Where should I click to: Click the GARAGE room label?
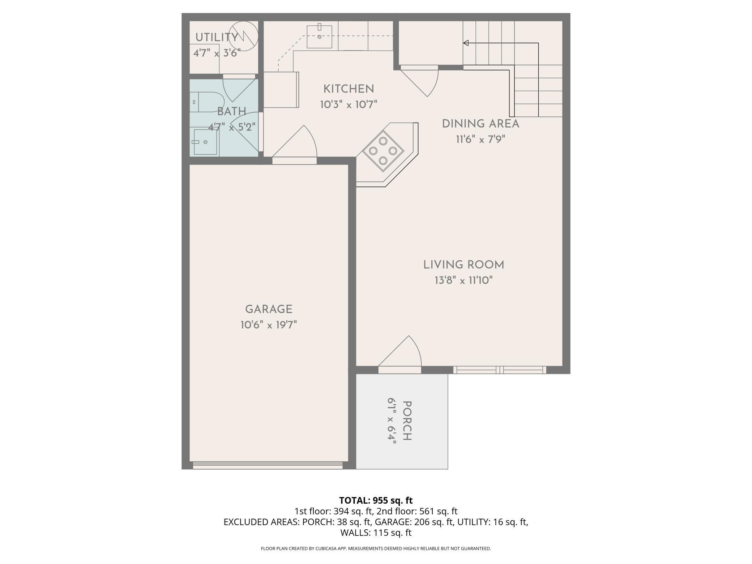269,309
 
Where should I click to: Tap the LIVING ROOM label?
464,265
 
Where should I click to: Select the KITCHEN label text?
349,89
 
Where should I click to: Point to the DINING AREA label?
480,124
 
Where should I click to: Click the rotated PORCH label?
407,420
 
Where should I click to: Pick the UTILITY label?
217,37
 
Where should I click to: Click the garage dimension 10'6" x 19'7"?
269,325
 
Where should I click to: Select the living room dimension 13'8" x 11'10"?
464,281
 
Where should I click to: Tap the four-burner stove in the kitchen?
383,151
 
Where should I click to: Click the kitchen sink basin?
320,37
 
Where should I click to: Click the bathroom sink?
205,142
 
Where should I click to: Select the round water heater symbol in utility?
243,36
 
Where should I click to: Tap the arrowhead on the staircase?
466,43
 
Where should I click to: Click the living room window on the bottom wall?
500,370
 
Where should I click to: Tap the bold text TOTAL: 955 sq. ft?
376,500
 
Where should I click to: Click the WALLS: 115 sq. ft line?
376,533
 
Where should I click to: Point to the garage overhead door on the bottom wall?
268,465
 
